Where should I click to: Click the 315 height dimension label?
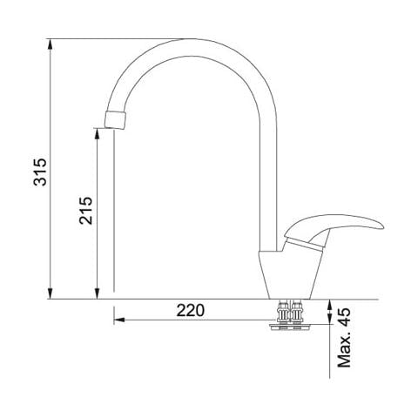[40, 172]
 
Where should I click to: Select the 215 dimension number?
[85, 211]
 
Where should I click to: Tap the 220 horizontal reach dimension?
[191, 310]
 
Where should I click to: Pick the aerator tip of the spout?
[115, 119]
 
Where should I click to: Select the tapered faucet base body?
[290, 274]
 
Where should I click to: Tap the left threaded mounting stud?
[283, 313]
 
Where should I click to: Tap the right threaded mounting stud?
[297, 313]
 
